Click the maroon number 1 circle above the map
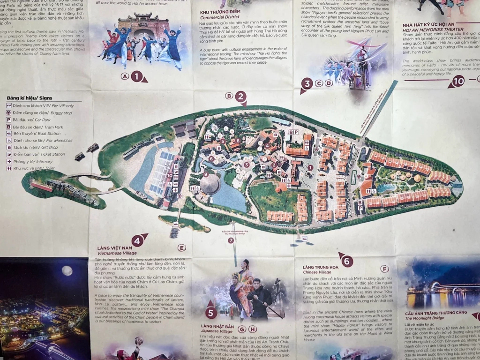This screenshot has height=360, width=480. coord(137,75)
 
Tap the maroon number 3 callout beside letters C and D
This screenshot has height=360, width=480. coord(307,84)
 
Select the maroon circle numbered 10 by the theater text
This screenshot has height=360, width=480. coord(458,81)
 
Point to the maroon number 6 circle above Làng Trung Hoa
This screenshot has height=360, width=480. coord(346,261)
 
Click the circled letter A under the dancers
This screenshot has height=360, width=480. coord(125,76)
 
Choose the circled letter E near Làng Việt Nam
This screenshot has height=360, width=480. coord(181,248)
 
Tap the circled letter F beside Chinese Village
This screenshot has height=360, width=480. coord(384,269)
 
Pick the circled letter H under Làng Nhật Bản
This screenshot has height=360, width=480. coord(253,329)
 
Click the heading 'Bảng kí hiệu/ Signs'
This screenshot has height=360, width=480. coord(30,98)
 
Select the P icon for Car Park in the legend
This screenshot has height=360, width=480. coord(8,120)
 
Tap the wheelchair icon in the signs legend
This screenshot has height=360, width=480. coord(8,140)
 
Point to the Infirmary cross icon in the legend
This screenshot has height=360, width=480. coord(8,161)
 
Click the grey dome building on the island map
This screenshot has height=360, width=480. coord(210,183)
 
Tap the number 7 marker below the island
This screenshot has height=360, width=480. coord(231,240)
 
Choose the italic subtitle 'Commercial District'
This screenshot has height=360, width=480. coord(219,17)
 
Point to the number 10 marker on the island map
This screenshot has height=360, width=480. coord(169,175)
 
